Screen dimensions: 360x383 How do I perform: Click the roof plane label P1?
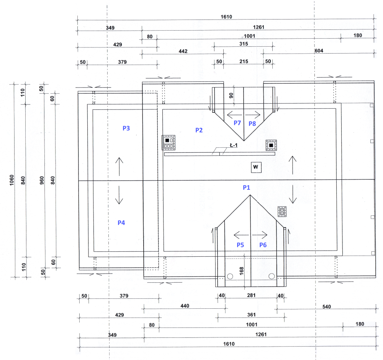coord(246,187)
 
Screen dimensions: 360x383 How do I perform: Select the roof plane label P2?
coord(199,130)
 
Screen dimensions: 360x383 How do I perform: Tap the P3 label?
coord(126,128)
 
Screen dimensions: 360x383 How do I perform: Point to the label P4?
coord(121,222)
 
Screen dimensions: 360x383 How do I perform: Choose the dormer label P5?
coord(240,245)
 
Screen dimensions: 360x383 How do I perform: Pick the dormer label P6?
coord(263,245)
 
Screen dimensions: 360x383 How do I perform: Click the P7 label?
coord(237,123)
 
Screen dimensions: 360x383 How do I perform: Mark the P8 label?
coord(252,123)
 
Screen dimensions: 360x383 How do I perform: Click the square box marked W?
coord(256,167)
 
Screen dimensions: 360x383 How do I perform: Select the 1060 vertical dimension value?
coord(11,180)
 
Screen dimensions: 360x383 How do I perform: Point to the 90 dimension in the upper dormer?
coord(231,96)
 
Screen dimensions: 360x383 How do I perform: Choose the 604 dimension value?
coord(319,51)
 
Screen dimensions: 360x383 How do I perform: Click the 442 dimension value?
coord(183,51)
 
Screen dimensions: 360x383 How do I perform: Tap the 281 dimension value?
coord(251,295)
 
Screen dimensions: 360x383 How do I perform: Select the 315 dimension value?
coord(244,44)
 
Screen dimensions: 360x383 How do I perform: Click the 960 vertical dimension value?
coord(42,180)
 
